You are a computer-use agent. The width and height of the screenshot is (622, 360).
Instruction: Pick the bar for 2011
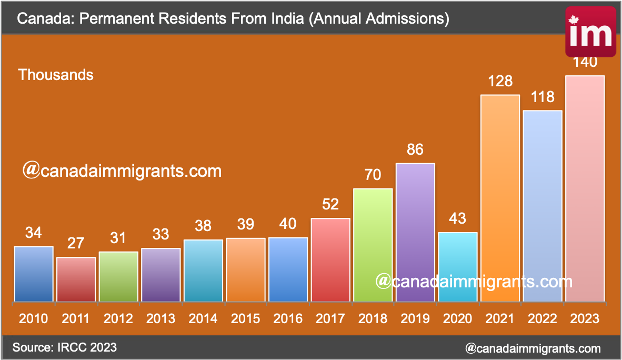tap(76, 279)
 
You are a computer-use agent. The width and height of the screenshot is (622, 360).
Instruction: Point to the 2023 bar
tap(585, 189)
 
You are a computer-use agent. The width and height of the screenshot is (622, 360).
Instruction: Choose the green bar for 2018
tap(373, 245)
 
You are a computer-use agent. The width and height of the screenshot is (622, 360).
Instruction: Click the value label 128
tap(500, 82)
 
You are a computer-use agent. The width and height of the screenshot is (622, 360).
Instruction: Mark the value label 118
tap(542, 97)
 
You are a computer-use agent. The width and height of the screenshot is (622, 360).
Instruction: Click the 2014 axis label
tap(203, 318)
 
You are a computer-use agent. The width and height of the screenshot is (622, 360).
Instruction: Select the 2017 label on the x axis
tap(330, 318)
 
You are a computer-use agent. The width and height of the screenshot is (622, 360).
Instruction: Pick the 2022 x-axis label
tap(542, 318)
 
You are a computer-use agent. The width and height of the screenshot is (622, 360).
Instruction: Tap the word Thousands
tap(56, 75)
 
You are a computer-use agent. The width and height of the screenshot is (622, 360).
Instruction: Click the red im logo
tap(591, 32)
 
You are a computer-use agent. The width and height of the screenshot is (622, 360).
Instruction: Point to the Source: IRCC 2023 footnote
tap(65, 347)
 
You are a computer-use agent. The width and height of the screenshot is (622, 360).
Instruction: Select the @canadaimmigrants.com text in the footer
tap(533, 348)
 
